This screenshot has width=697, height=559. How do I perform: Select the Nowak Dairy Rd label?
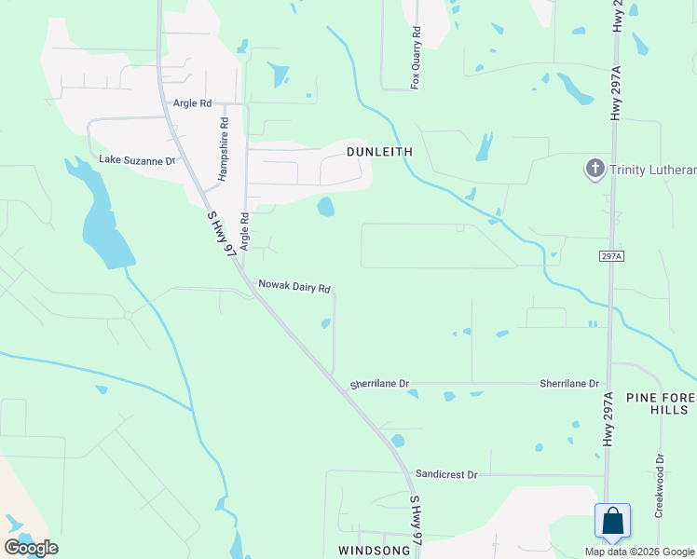[x=294, y=288]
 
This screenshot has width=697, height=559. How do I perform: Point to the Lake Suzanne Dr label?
[x=137, y=160]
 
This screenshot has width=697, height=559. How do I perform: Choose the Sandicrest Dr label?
[x=446, y=474]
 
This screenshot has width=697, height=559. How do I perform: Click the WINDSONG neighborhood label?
[x=374, y=551]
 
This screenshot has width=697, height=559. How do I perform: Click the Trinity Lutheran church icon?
[x=594, y=169]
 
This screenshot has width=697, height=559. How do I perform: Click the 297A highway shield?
[x=609, y=255]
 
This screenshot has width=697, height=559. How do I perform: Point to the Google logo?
[x=31, y=548]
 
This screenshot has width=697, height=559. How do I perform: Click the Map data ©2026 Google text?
[x=638, y=552]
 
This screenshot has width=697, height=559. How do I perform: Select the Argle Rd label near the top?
[x=192, y=103]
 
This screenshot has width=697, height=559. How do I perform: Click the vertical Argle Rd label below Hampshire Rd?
[x=244, y=232]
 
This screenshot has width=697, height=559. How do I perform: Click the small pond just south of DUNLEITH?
[x=325, y=206]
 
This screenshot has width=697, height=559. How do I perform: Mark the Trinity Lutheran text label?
[x=653, y=170]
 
